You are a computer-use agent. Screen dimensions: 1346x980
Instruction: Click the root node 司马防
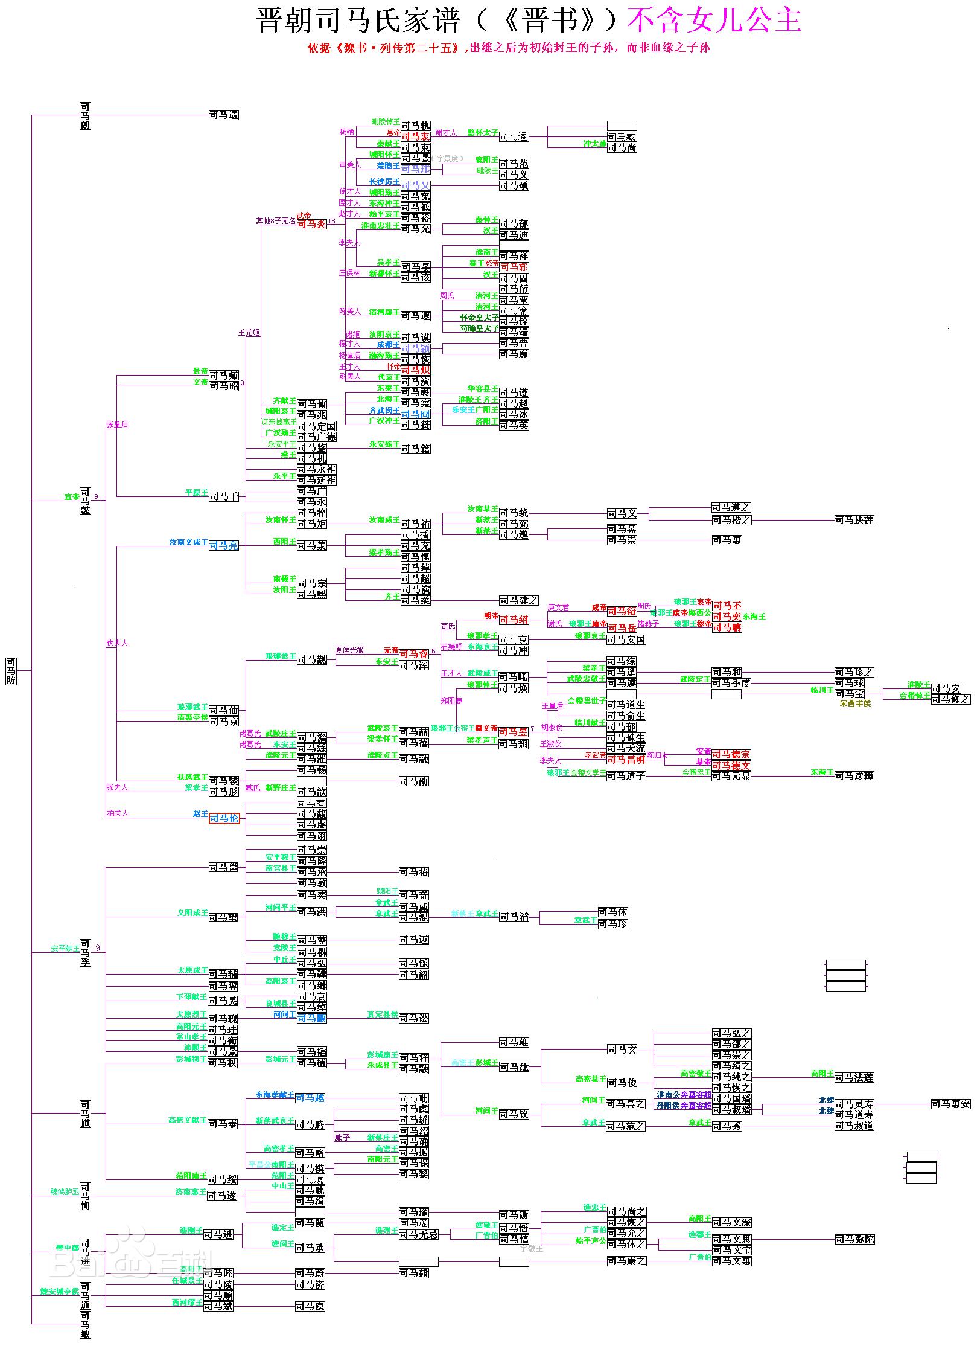coord(11,671)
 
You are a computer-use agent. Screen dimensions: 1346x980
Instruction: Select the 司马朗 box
coord(85,116)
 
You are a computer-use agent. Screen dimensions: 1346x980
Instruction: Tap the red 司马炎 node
coord(311,224)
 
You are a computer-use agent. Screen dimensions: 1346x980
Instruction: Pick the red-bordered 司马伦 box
coord(224,818)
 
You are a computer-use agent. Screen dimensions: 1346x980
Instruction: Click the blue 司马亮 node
coord(224,545)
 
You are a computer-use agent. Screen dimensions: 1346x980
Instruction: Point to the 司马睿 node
coord(414,654)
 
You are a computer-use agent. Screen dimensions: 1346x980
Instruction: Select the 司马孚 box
coord(85,952)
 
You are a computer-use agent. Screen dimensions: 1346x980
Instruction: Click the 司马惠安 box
coord(950,1104)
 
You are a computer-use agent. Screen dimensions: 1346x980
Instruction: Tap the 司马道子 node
coord(626,776)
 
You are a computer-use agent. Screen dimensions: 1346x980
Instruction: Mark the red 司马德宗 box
coord(731,754)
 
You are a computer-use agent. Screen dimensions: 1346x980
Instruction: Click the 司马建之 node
coord(518,600)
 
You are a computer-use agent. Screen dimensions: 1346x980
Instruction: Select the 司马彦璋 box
coord(854,776)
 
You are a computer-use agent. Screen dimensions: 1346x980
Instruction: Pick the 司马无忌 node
coord(418,1234)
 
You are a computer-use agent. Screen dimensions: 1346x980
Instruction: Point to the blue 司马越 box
coord(311,1097)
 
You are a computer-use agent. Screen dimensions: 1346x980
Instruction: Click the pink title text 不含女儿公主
coord(714,21)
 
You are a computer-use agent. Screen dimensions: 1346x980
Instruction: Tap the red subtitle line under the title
coord(509,48)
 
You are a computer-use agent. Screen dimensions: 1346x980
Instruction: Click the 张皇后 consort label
coord(117,425)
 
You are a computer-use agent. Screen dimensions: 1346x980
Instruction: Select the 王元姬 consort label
coord(249,333)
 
